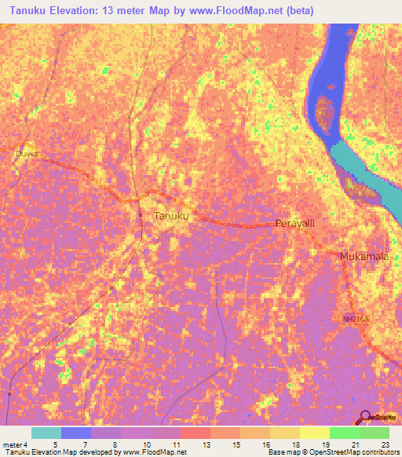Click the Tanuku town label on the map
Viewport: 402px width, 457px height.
[x=170, y=215]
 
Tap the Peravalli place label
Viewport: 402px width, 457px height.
[x=295, y=224]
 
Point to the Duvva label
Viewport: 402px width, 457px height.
[x=26, y=155]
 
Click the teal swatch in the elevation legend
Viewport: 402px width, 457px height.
[x=46, y=433]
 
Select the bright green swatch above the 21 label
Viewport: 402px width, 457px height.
[x=345, y=433]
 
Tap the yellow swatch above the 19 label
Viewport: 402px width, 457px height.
[x=315, y=433]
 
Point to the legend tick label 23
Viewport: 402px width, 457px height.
[x=385, y=444]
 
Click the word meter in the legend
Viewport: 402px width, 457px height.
[x=13, y=444]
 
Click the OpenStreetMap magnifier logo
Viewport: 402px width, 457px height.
[x=364, y=417]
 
